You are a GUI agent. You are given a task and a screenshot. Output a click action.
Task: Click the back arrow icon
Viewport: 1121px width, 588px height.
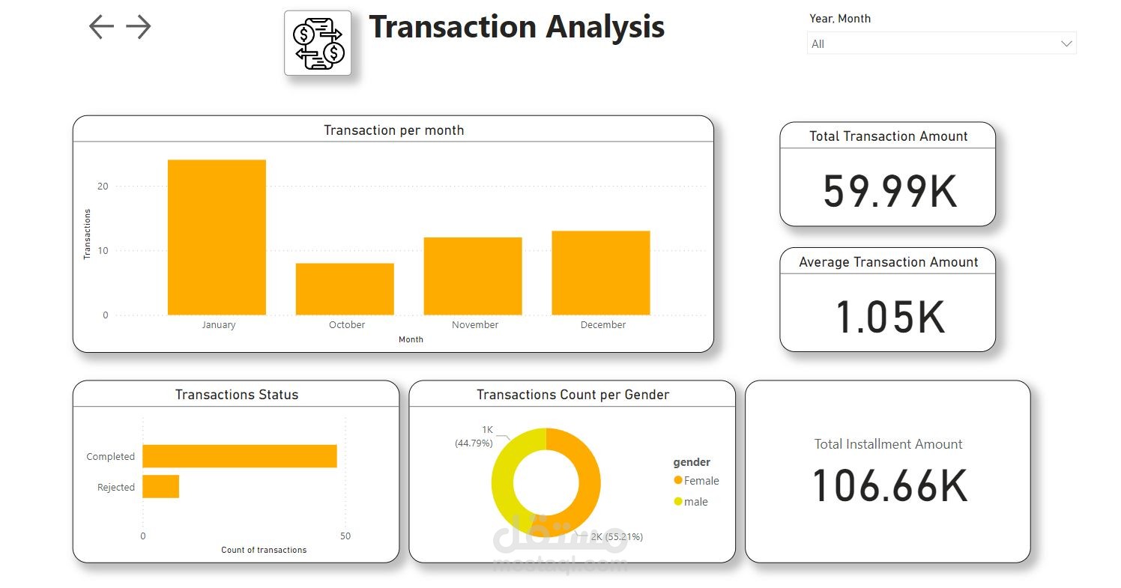click(x=101, y=27)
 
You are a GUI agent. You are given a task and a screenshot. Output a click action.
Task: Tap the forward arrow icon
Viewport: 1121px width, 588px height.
click(x=139, y=27)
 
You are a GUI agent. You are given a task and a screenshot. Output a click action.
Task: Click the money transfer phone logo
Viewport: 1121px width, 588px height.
click(x=318, y=43)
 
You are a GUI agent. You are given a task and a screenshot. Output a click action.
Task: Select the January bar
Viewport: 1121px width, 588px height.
click(x=217, y=237)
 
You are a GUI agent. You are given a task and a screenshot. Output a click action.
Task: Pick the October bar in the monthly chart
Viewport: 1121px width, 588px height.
click(x=345, y=289)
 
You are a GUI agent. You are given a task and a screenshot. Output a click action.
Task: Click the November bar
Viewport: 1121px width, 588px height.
click(x=473, y=276)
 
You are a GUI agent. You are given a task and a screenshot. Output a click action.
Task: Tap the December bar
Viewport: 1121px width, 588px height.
click(x=601, y=273)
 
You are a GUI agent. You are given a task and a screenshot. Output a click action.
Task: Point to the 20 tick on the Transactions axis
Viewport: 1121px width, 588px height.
click(x=103, y=187)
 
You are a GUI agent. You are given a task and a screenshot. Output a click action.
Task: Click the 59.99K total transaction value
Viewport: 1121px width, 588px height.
click(x=889, y=191)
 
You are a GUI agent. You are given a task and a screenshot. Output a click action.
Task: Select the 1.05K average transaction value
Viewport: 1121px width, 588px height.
click(x=889, y=317)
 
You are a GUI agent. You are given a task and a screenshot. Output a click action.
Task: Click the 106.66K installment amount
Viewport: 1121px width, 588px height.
click(x=889, y=485)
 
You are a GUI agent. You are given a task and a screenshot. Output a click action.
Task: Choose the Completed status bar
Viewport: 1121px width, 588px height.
click(x=240, y=456)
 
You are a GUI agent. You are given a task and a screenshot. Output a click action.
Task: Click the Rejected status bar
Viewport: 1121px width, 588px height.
click(x=161, y=487)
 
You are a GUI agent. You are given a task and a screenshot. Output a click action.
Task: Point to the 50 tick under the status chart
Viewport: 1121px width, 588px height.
click(x=345, y=536)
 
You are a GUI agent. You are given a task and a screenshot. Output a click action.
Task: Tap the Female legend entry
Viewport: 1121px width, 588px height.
click(x=696, y=481)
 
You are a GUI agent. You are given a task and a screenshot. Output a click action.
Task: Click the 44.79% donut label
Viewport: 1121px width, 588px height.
click(x=474, y=443)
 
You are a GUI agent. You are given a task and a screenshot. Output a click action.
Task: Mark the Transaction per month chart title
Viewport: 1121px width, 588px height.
click(x=393, y=130)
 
